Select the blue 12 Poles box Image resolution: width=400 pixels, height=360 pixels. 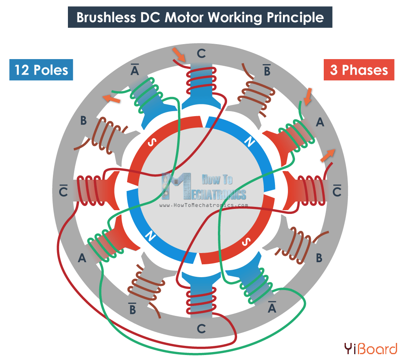pos(41,70)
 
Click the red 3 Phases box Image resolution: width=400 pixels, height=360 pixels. pos(359,70)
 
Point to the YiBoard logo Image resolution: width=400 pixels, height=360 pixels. pos(370,348)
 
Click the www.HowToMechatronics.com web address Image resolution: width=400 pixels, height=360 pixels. pos(204,205)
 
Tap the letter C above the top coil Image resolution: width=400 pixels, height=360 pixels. pos(201,54)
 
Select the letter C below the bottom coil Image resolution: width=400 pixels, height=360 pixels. pos(201,329)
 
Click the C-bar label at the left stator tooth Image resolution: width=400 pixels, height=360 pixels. pos(64,190)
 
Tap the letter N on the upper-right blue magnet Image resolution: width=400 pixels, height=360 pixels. pos(250,142)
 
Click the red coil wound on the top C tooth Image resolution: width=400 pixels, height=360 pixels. pos(202,79)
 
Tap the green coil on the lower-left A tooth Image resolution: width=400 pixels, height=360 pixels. pos(105,245)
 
